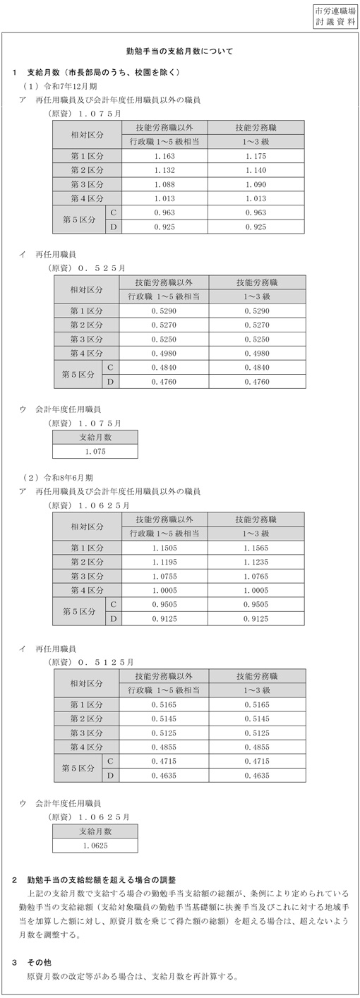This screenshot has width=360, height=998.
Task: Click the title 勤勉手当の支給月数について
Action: pyautogui.click(x=179, y=52)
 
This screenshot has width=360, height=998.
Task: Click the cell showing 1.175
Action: pyautogui.click(x=257, y=155)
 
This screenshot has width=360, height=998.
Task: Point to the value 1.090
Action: pyautogui.click(x=257, y=184)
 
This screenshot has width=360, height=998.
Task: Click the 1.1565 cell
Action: pyautogui.click(x=257, y=548)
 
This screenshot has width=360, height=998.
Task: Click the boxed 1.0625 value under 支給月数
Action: pyautogui.click(x=95, y=845)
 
